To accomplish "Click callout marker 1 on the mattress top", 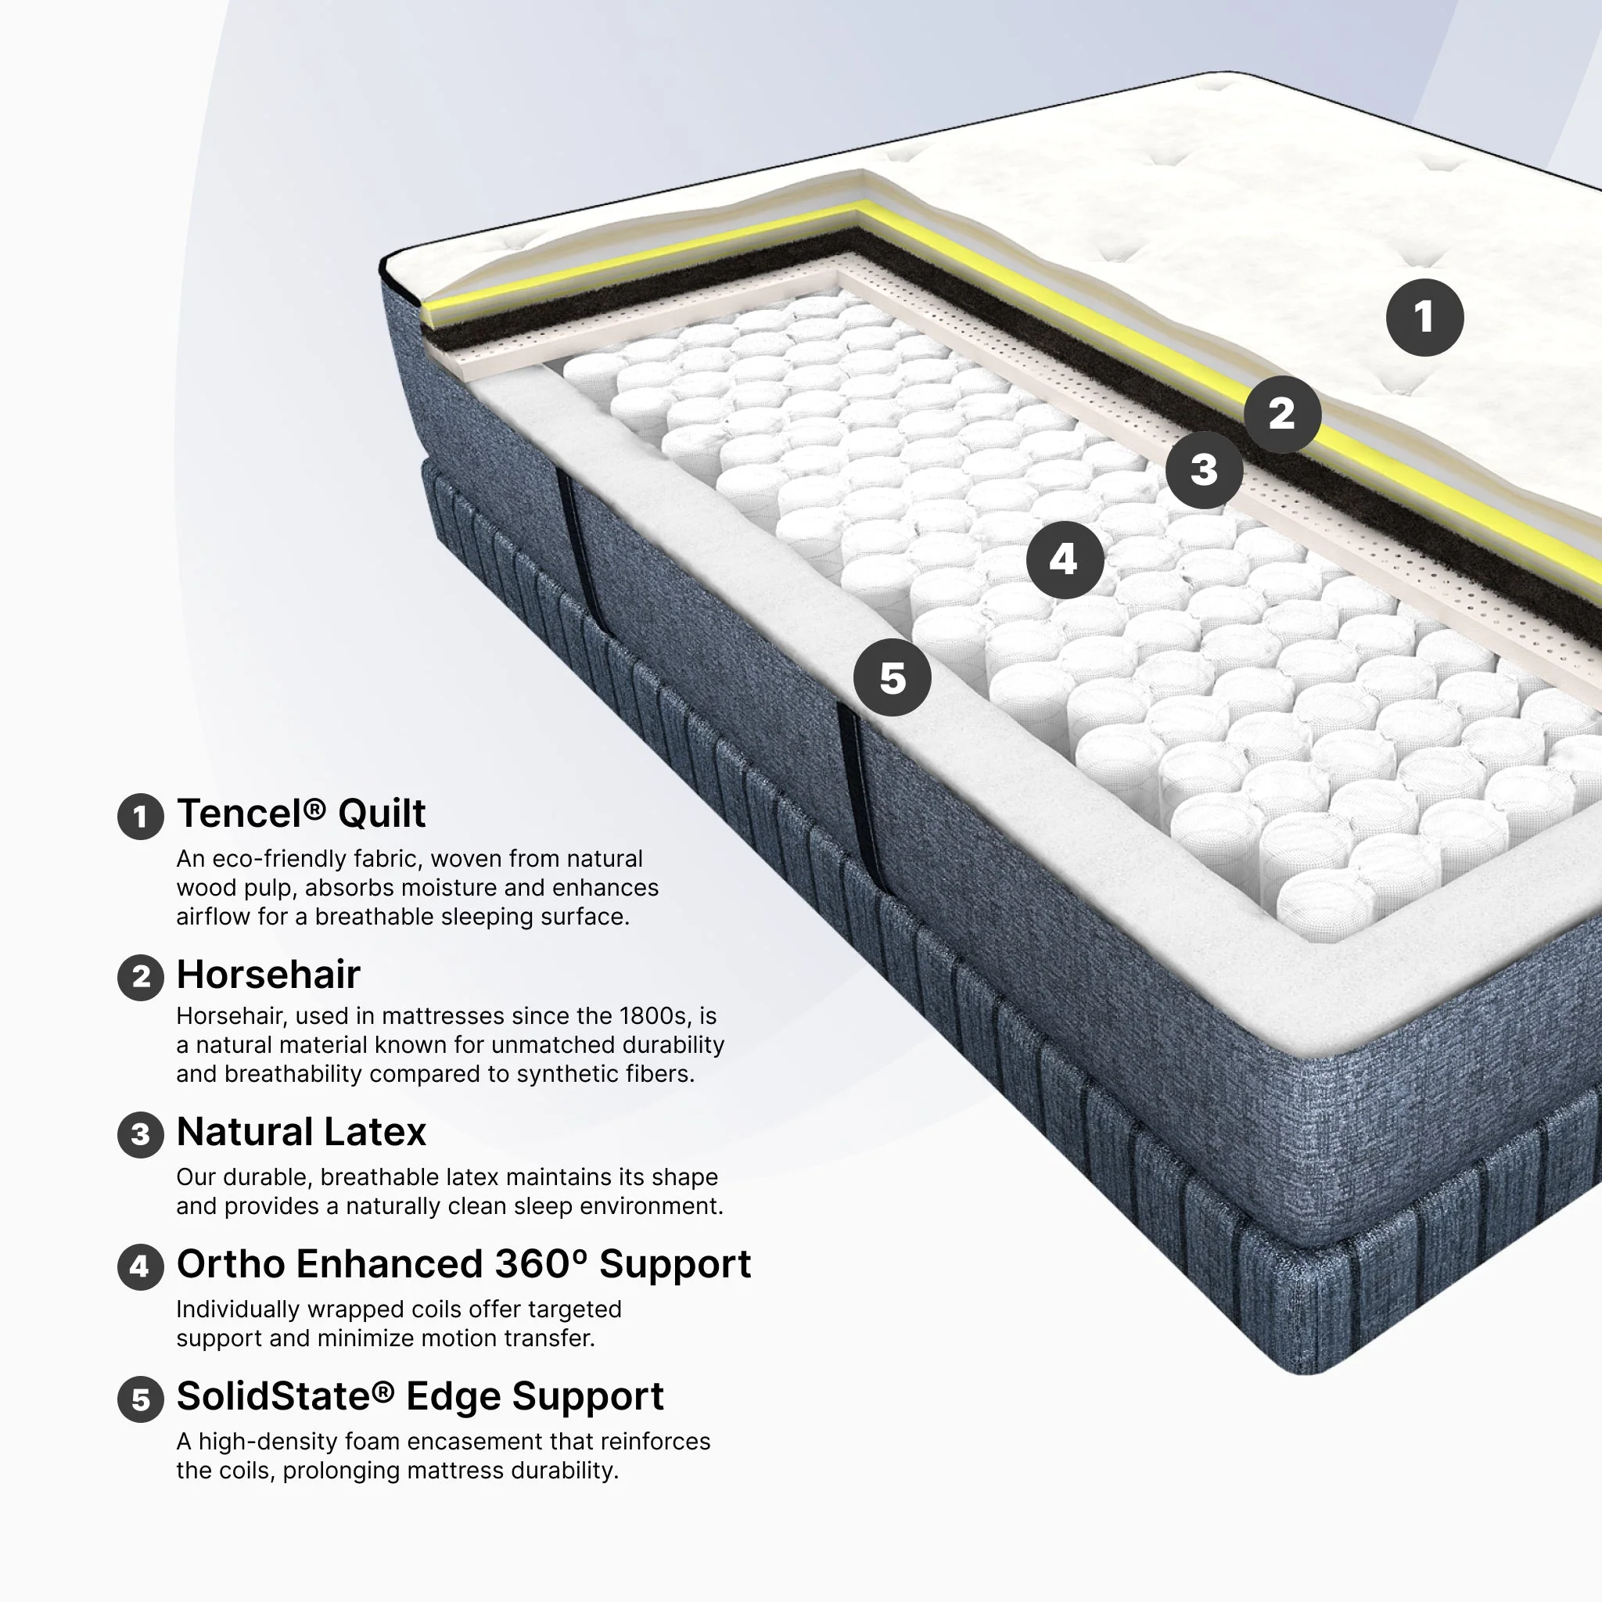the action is click(x=1424, y=318).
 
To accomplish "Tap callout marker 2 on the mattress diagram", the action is click(x=1283, y=414).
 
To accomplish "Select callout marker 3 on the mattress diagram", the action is click(x=1204, y=470).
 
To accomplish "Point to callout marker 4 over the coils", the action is click(x=1065, y=560).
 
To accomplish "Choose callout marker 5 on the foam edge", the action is click(x=893, y=677).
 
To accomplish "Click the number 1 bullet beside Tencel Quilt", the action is click(x=141, y=817).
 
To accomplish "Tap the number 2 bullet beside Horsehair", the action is click(x=141, y=977).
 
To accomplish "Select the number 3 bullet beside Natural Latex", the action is click(x=141, y=1134).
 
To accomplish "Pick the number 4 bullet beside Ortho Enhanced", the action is click(x=141, y=1266).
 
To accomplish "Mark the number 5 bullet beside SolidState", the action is click(x=141, y=1399).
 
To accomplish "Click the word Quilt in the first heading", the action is click(x=382, y=814).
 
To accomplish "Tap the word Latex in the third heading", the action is click(x=375, y=1132).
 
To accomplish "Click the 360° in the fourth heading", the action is click(x=541, y=1264).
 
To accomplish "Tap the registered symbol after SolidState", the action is click(x=383, y=1391).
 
